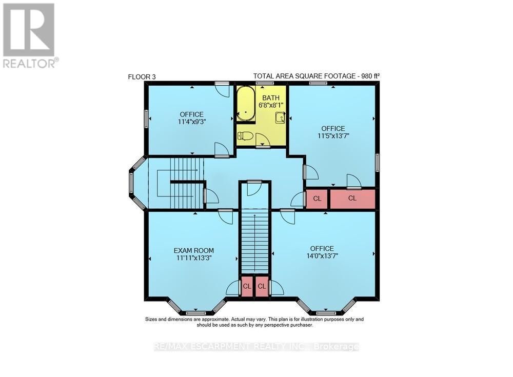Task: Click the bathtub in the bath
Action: pyautogui.click(x=246, y=104)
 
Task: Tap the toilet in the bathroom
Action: pyautogui.click(x=245, y=135)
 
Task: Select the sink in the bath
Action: pyautogui.click(x=281, y=118)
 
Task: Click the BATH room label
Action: pyautogui.click(x=271, y=98)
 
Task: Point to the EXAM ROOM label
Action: pyautogui.click(x=194, y=250)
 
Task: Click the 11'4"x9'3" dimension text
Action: pyautogui.click(x=192, y=122)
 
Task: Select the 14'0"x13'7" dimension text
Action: pyautogui.click(x=322, y=256)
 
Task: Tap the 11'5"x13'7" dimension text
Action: pyautogui.click(x=333, y=136)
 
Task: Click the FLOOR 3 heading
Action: pyautogui.click(x=142, y=77)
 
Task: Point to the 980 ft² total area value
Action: pyautogui.click(x=370, y=76)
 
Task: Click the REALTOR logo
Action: pyautogui.click(x=29, y=35)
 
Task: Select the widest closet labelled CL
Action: pyautogui.click(x=352, y=199)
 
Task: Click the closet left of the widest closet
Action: pyautogui.click(x=317, y=199)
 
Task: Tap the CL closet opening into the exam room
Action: pyautogui.click(x=247, y=287)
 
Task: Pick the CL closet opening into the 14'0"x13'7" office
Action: pyautogui.click(x=262, y=287)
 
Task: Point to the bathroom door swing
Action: pyautogui.click(x=263, y=140)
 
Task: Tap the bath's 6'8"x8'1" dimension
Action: pyautogui.click(x=271, y=105)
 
